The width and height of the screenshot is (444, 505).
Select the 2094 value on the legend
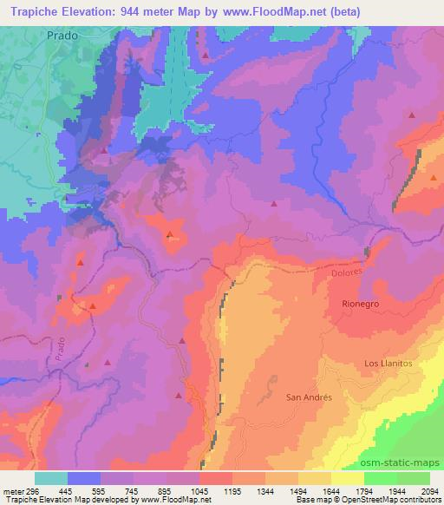(x=421, y=490)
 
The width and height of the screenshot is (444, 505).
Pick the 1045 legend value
(x=202, y=490)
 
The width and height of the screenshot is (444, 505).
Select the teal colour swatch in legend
(x=51, y=478)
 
